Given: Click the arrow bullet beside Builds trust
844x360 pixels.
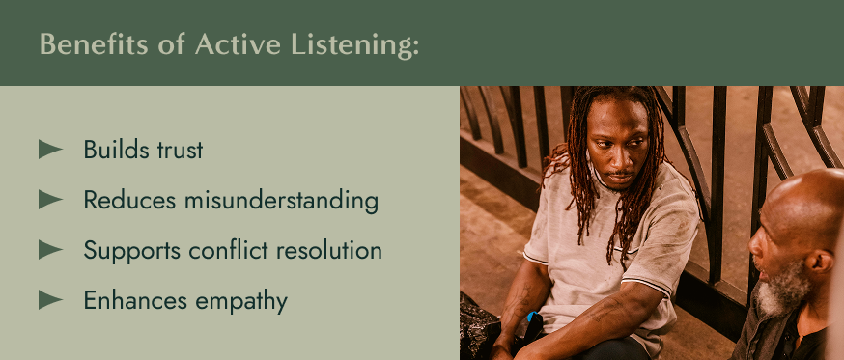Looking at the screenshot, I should (50, 150).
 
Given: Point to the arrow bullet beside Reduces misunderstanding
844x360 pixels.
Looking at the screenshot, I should (50, 200).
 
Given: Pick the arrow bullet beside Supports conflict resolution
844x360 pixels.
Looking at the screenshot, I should (50, 250).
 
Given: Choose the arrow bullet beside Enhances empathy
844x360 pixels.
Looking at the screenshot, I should (50, 300).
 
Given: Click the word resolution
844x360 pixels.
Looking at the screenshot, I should (331, 250).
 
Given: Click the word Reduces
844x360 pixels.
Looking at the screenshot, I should (121, 200).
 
